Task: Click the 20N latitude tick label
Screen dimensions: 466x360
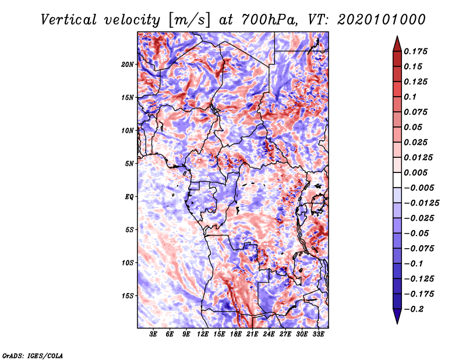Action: coord(128,64)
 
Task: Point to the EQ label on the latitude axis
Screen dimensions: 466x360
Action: coord(129,197)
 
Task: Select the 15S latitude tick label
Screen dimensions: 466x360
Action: coord(128,296)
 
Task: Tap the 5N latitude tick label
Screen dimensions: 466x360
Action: coord(129,164)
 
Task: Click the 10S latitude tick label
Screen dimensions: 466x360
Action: coord(128,263)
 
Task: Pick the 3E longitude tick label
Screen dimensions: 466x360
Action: coord(153,334)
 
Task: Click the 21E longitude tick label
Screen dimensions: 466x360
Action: coord(252,334)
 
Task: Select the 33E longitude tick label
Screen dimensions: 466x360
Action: coord(318,334)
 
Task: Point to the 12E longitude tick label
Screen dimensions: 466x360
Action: coord(203,334)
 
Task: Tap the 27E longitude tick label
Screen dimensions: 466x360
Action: coord(285,334)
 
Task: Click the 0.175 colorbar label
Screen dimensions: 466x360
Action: coord(416,51)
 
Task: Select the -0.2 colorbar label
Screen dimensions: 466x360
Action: coord(414,309)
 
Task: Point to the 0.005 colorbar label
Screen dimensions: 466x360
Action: coord(416,172)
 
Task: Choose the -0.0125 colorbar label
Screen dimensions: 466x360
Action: coord(421,203)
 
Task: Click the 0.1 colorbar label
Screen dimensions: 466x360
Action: coord(410,97)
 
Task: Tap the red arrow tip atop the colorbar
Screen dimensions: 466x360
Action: coord(397,36)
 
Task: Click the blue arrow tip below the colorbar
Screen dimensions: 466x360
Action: coord(397,323)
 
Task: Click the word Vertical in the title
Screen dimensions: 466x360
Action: coord(69,20)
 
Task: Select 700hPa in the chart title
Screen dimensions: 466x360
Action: coord(269,20)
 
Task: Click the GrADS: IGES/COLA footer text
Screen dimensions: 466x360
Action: coord(33,355)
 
